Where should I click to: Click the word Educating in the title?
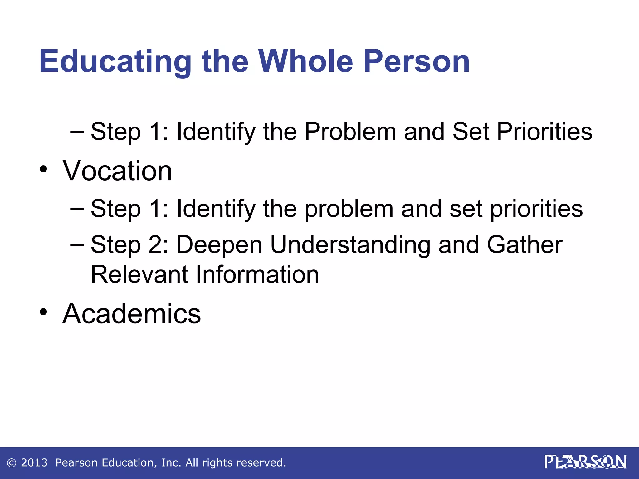[115, 62]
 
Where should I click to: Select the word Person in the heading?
[417, 62]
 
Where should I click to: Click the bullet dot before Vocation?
[43, 170]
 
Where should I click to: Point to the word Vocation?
[117, 171]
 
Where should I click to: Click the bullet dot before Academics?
[43, 312]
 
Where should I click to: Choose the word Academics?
[132, 313]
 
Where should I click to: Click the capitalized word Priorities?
[544, 131]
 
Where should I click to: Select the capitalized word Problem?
[350, 131]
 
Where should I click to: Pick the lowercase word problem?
[349, 209]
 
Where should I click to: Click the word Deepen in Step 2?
[219, 245]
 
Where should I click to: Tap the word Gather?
[524, 245]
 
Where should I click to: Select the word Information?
[257, 274]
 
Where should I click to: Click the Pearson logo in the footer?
[585, 462]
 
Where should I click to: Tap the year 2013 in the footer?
[34, 462]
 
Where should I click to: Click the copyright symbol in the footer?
[12, 463]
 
